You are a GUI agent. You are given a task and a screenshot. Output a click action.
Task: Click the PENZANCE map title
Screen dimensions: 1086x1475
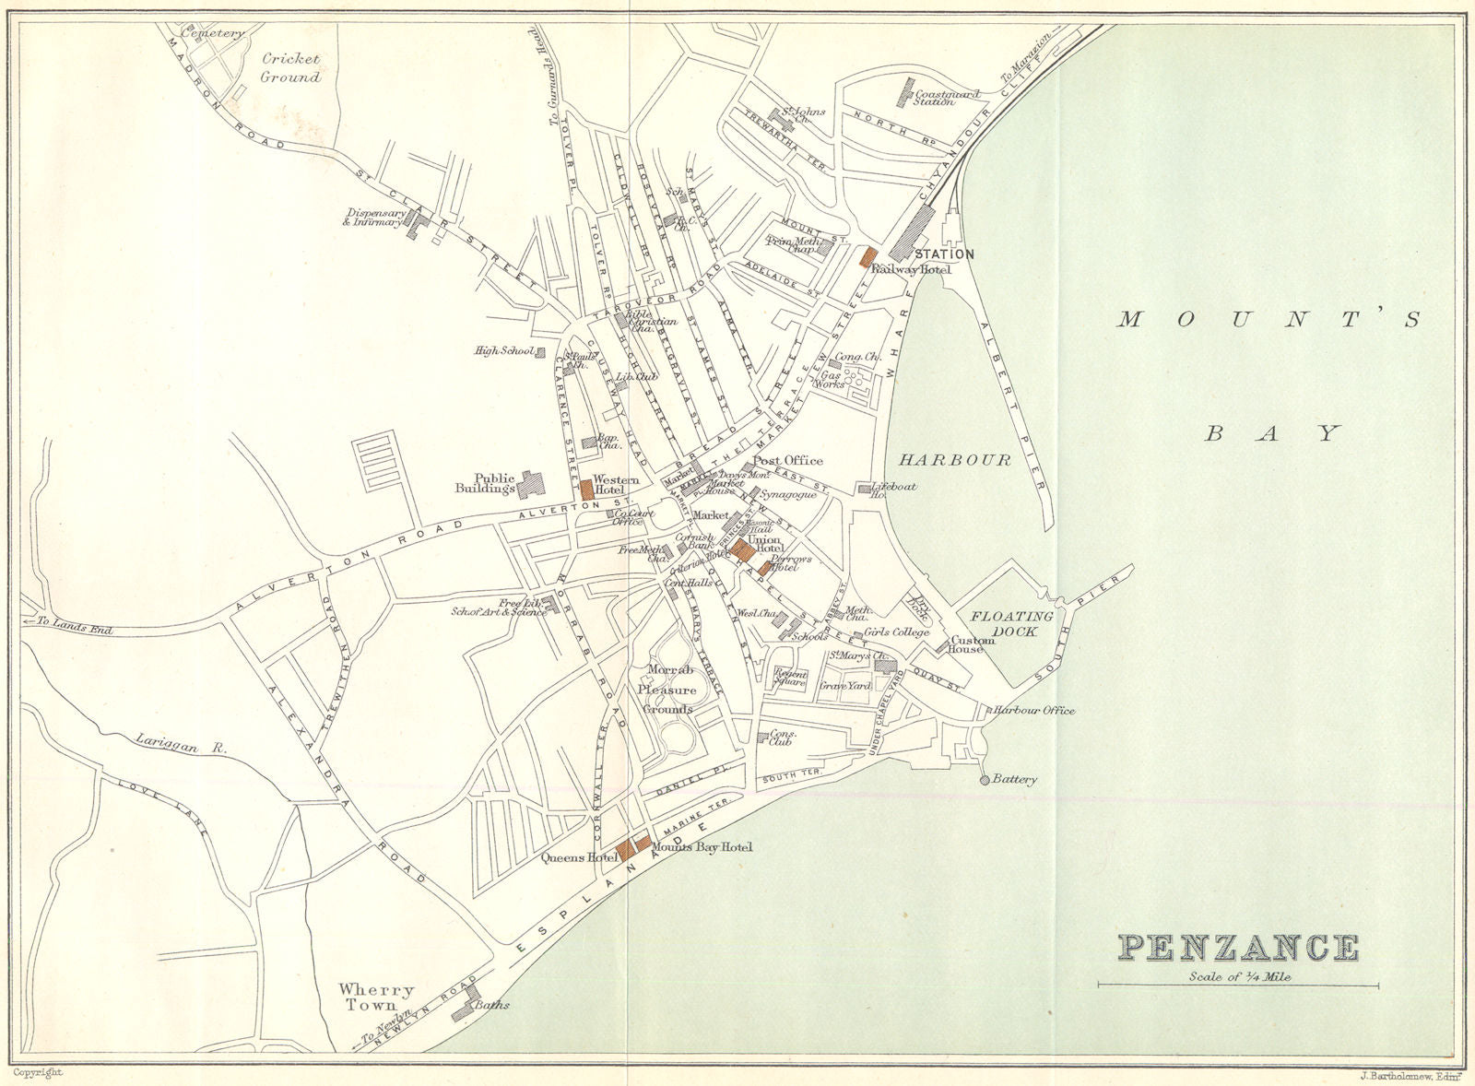pyautogui.click(x=1238, y=948)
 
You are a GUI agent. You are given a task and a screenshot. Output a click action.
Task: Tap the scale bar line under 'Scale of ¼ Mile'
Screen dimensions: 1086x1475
pyautogui.click(x=1238, y=986)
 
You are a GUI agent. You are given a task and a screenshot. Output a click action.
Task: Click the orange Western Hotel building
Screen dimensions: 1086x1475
pyautogui.click(x=587, y=489)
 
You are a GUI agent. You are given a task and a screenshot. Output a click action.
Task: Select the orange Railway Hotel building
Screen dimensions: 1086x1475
pyautogui.click(x=866, y=256)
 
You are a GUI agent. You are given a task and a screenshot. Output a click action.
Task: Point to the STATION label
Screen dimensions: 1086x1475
pyautogui.click(x=943, y=254)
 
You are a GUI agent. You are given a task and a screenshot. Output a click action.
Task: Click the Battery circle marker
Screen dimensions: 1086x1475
pyautogui.click(x=984, y=780)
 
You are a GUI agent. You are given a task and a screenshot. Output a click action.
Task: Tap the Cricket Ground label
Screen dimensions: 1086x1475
pyautogui.click(x=290, y=68)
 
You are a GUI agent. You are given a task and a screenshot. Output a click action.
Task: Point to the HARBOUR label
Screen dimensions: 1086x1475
pyautogui.click(x=955, y=459)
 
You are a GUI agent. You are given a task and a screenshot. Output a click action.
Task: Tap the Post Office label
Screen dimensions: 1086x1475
pyautogui.click(x=788, y=460)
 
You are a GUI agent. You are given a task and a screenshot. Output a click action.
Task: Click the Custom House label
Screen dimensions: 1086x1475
pyautogui.click(x=973, y=643)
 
